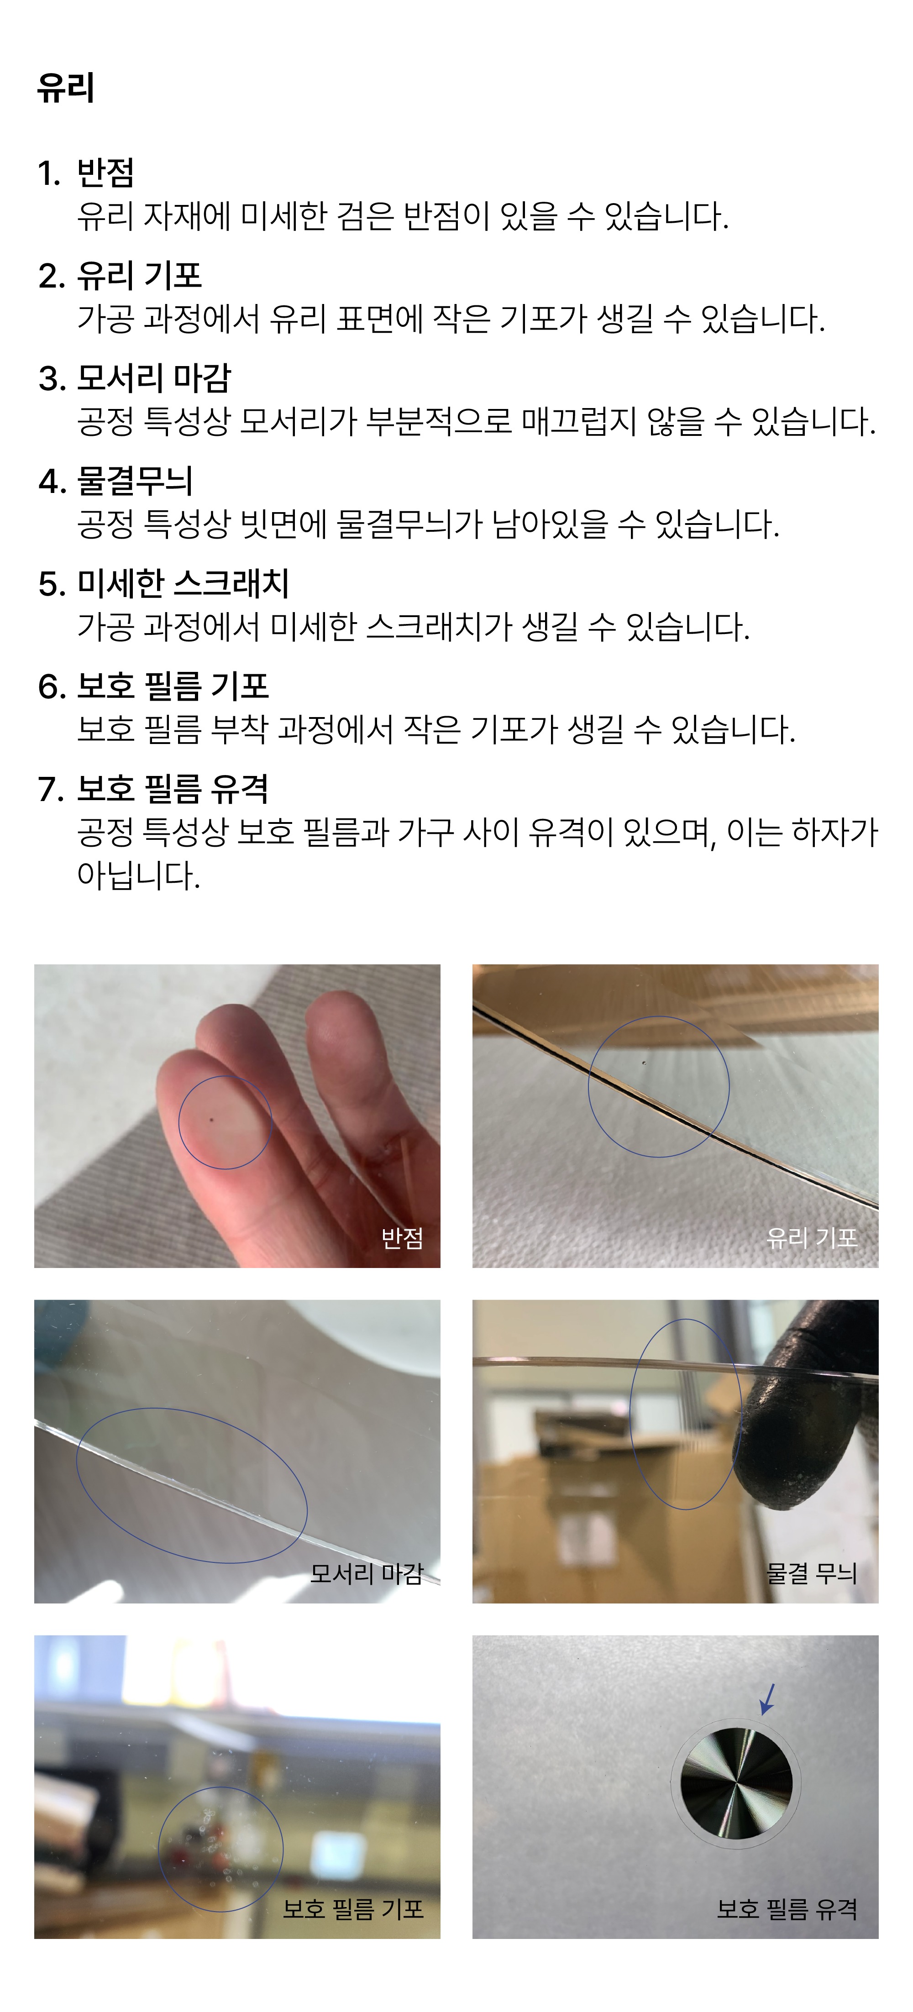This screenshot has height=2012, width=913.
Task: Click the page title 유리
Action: [x=66, y=88]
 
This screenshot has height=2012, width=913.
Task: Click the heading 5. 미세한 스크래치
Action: [x=164, y=583]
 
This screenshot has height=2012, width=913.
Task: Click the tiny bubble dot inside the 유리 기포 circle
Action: [x=644, y=1062]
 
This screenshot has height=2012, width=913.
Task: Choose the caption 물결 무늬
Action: [x=812, y=1573]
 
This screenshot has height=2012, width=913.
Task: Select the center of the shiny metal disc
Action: [x=736, y=1784]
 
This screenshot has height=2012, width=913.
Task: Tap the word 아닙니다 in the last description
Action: [x=138, y=875]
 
